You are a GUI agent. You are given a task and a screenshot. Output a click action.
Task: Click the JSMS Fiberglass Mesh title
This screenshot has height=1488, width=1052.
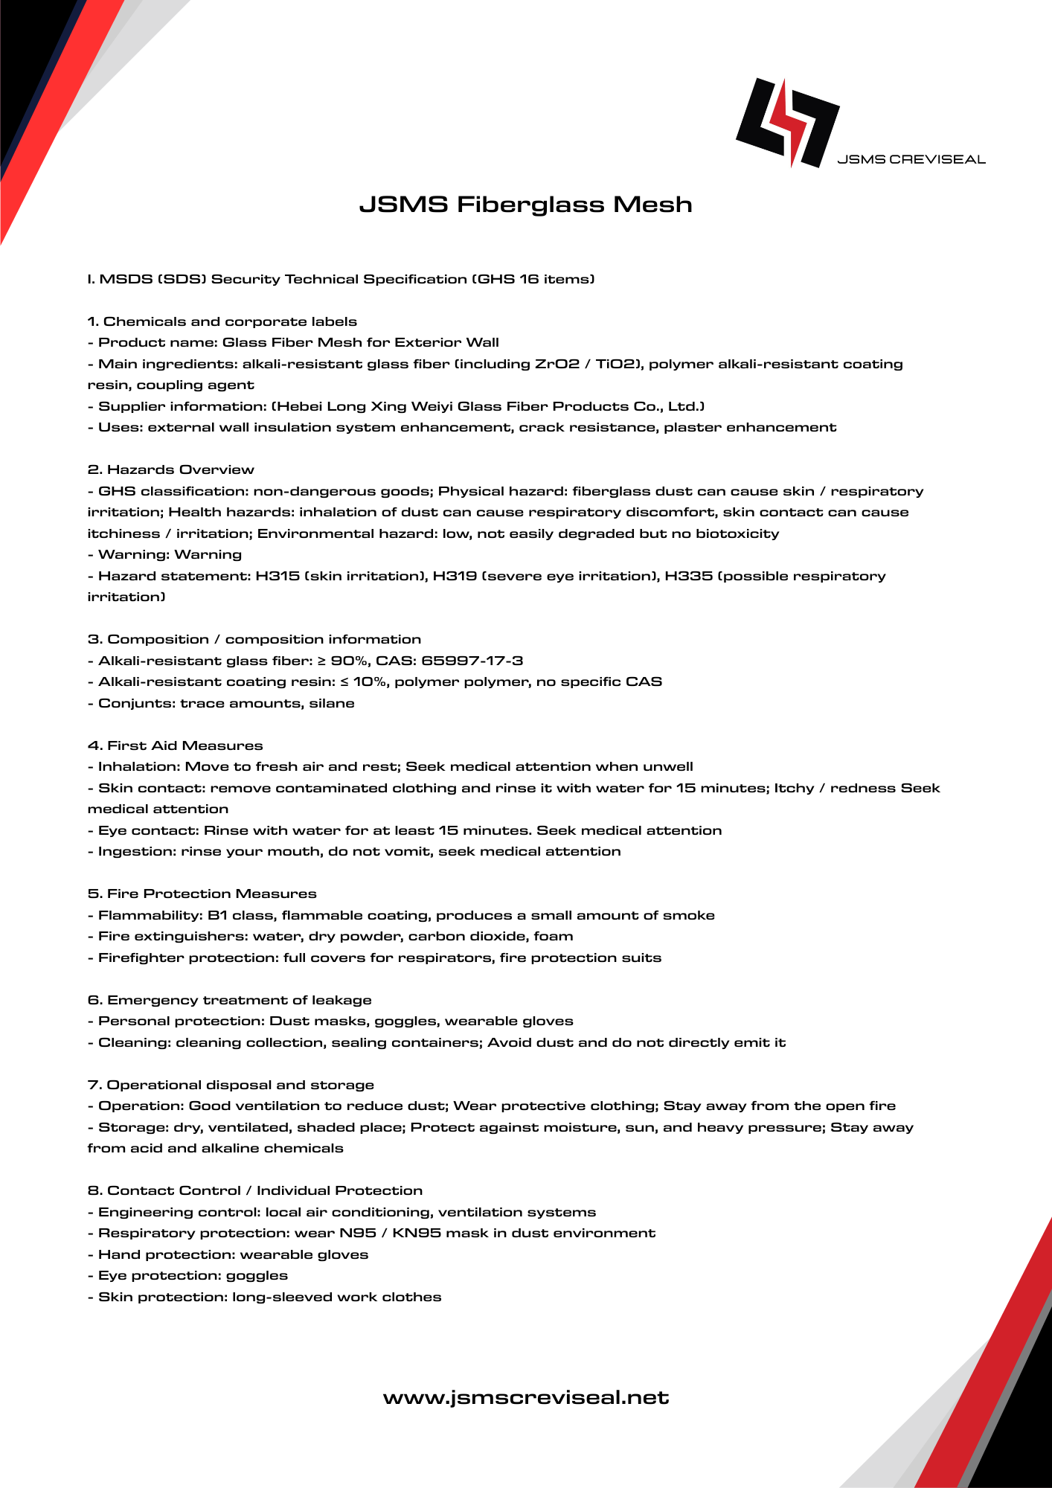click(525, 205)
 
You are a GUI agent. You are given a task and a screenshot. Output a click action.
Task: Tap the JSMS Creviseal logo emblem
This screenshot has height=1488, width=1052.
click(787, 122)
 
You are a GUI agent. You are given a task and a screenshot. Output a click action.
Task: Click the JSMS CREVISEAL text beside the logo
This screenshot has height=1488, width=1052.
click(911, 159)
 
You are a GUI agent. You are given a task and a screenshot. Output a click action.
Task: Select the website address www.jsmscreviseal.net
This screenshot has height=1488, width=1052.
click(526, 1397)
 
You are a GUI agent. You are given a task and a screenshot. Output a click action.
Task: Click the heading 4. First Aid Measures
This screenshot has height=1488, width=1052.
click(175, 745)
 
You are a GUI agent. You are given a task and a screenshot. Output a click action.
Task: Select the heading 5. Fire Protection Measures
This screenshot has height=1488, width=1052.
click(202, 894)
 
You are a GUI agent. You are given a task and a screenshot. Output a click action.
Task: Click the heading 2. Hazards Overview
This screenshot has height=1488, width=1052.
click(170, 469)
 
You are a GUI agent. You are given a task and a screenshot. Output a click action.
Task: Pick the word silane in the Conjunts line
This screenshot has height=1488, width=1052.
click(332, 703)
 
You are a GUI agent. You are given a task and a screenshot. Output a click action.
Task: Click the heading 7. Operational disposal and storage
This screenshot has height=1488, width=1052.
click(231, 1085)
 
